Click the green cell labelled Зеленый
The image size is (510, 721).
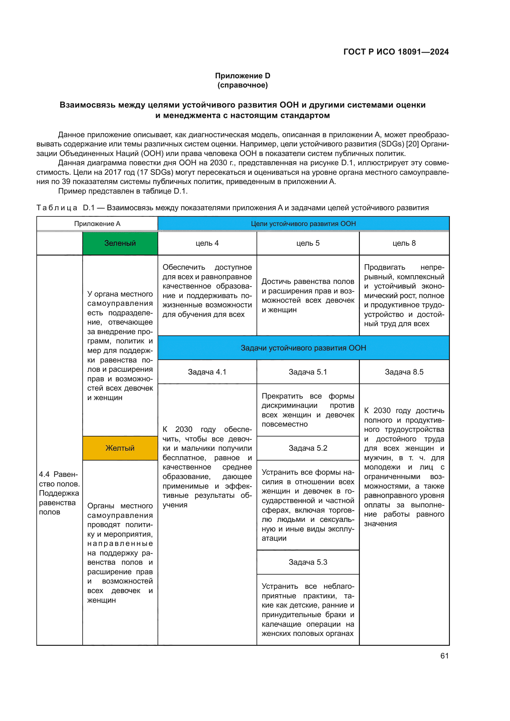(120, 244)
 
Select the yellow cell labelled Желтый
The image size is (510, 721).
(120, 448)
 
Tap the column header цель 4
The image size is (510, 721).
(207, 244)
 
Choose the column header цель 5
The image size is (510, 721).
(308, 244)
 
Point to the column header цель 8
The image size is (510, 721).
(404, 244)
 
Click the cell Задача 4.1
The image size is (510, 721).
(207, 372)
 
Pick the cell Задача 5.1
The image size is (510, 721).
(308, 372)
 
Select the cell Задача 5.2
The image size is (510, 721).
(308, 448)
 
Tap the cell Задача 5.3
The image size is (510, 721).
(308, 562)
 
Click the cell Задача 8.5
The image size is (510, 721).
(404, 372)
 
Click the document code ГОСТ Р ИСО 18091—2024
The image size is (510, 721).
(396, 52)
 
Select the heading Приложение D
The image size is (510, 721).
(242, 76)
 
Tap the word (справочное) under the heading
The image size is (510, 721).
(242, 85)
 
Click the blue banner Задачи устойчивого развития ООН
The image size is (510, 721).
(303, 348)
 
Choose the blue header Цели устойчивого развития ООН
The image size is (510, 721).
(303, 223)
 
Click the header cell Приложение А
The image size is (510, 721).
(97, 223)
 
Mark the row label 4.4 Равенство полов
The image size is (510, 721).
(59, 493)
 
